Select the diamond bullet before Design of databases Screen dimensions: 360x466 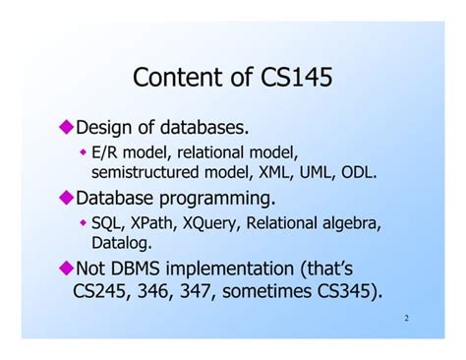pos(67,126)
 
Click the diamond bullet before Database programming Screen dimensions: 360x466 pos(67,197)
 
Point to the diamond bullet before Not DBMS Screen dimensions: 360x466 pos(67,267)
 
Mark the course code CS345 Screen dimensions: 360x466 pos(344,291)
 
